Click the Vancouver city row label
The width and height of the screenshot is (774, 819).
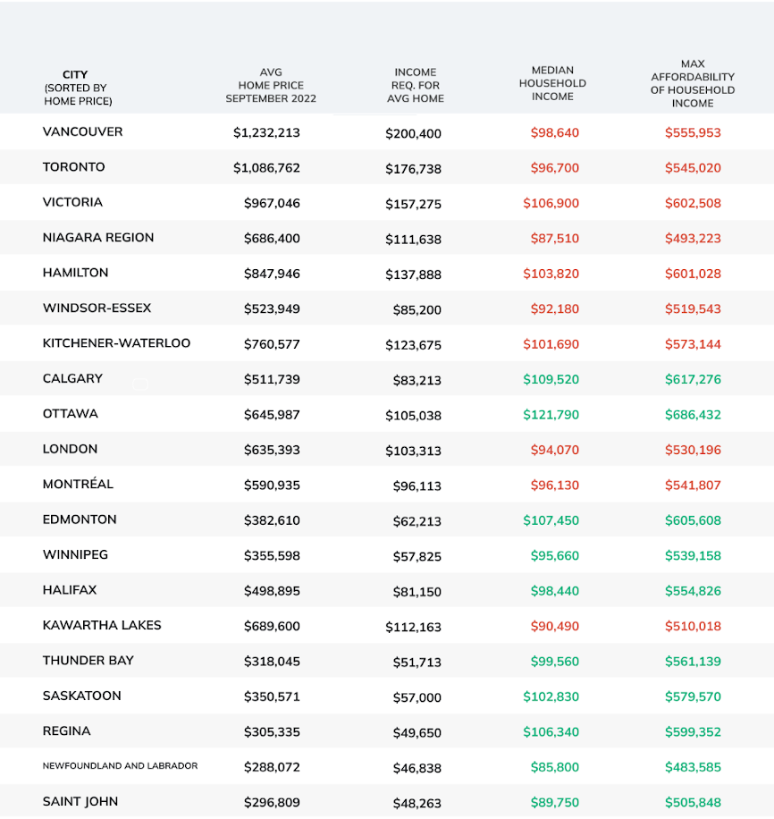(82, 132)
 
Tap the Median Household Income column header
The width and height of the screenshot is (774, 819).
(552, 83)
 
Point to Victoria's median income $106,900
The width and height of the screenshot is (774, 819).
(551, 203)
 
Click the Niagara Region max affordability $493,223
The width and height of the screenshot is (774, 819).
(693, 239)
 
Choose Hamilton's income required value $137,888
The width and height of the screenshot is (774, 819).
(413, 274)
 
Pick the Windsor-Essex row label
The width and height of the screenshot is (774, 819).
(97, 308)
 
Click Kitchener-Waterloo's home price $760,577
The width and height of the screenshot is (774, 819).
(272, 344)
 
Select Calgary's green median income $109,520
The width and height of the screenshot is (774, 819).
(551, 379)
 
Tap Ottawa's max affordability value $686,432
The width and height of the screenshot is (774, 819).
(693, 415)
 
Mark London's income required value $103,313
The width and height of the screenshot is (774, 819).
(413, 451)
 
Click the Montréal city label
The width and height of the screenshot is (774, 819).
(78, 485)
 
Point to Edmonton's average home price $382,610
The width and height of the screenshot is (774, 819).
(272, 520)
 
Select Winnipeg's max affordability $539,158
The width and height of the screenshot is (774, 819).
(693, 556)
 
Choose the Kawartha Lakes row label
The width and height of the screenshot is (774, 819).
(102, 626)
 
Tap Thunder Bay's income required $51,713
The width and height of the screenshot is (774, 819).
(416, 662)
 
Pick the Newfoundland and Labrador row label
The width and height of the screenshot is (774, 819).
(120, 766)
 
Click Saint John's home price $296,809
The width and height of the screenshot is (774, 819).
(272, 803)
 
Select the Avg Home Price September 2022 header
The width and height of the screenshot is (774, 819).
(271, 86)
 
